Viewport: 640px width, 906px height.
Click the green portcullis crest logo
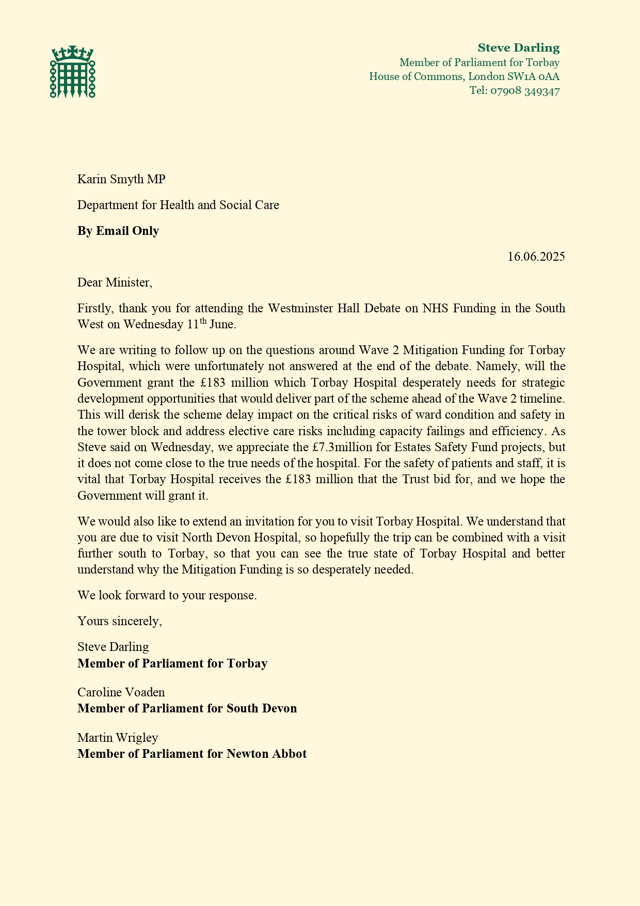pyautogui.click(x=73, y=72)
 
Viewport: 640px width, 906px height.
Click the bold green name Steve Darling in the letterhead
pyautogui.click(x=518, y=48)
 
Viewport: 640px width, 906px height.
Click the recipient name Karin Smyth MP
pyautogui.click(x=121, y=179)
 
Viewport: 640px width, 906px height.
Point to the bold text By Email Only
pyautogui.click(x=118, y=231)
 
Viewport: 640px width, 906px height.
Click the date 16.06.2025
pyautogui.click(x=536, y=257)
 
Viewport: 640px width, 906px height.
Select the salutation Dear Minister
pyautogui.click(x=115, y=282)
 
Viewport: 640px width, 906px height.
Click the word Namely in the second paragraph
pyautogui.click(x=495, y=367)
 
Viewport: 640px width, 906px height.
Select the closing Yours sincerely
pyautogui.click(x=120, y=621)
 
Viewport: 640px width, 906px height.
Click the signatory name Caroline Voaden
pyautogui.click(x=121, y=692)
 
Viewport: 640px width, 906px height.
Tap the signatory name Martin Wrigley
pyautogui.click(x=118, y=737)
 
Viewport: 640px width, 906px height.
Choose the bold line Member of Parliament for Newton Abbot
pyautogui.click(x=192, y=754)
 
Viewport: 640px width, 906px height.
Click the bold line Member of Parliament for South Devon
pyautogui.click(x=187, y=708)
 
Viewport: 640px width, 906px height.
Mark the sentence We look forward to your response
pyautogui.click(x=167, y=595)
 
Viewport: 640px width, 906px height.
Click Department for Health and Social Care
pyautogui.click(x=178, y=205)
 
